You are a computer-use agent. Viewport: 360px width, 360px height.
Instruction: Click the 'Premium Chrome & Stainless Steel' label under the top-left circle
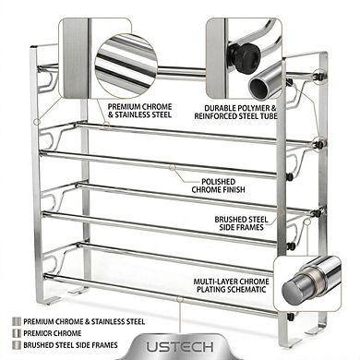coord(139,113)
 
